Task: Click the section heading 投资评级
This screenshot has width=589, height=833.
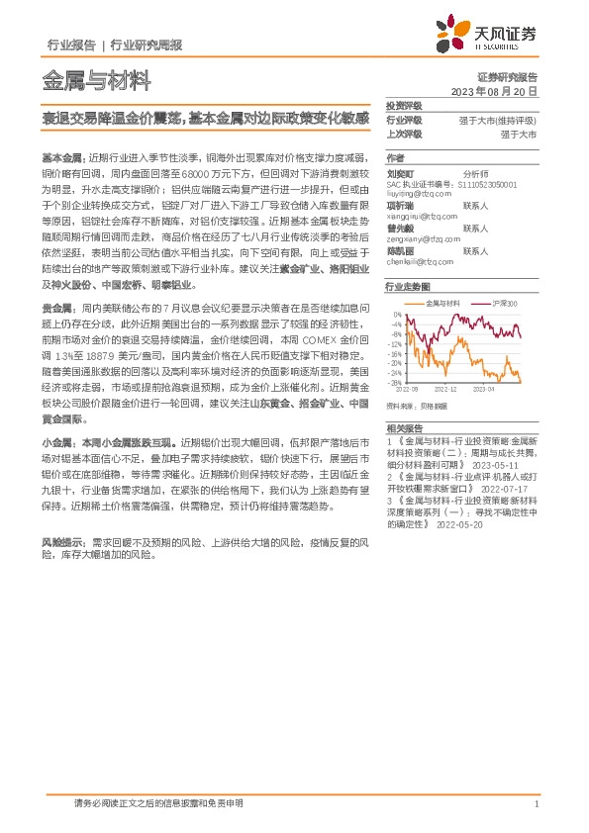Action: pyautogui.click(x=403, y=105)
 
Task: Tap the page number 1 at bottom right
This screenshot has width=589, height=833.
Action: pyautogui.click(x=536, y=804)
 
